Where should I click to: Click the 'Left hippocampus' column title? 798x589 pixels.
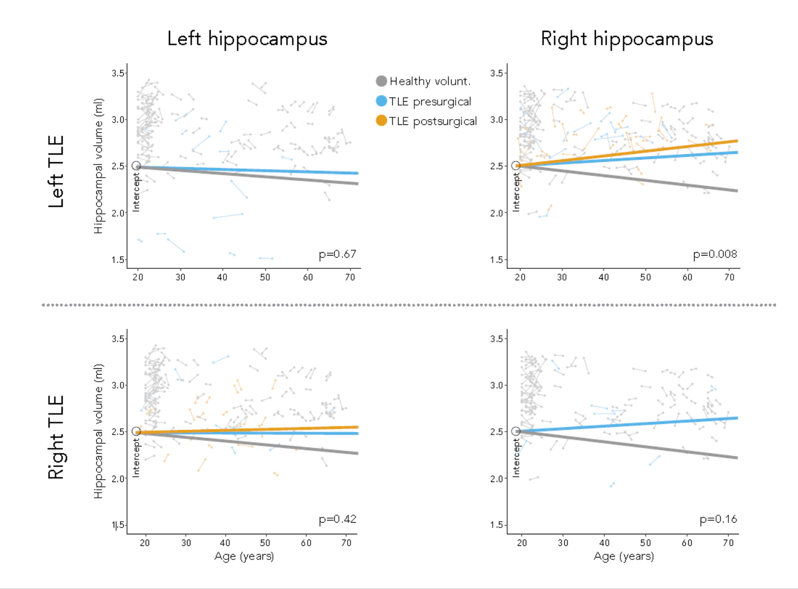[247, 39]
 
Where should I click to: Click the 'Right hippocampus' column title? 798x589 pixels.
[627, 39]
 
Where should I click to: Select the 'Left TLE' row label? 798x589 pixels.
[56, 171]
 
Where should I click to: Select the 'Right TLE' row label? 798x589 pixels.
[56, 437]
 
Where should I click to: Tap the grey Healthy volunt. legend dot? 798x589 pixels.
[381, 81]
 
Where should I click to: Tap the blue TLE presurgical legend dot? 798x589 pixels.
[381, 101]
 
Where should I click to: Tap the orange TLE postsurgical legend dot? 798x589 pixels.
[381, 121]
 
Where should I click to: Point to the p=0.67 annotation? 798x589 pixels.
[337, 254]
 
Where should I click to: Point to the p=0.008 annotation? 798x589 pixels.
[715, 254]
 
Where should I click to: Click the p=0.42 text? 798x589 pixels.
[337, 519]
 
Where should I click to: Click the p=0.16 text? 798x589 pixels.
[718, 519]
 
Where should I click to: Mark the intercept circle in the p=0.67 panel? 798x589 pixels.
[136, 166]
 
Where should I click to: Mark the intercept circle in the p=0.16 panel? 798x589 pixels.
[516, 432]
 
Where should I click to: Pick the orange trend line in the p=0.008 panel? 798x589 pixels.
[638, 152]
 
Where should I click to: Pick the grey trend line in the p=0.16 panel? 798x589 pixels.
[638, 446]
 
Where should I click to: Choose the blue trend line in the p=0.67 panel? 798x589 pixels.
[261, 170]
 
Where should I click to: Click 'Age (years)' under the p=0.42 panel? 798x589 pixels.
[244, 556]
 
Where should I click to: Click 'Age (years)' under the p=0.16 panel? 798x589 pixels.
[623, 556]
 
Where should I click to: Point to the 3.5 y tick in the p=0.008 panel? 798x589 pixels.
[496, 73]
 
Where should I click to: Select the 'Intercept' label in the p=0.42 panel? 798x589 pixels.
[136, 458]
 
